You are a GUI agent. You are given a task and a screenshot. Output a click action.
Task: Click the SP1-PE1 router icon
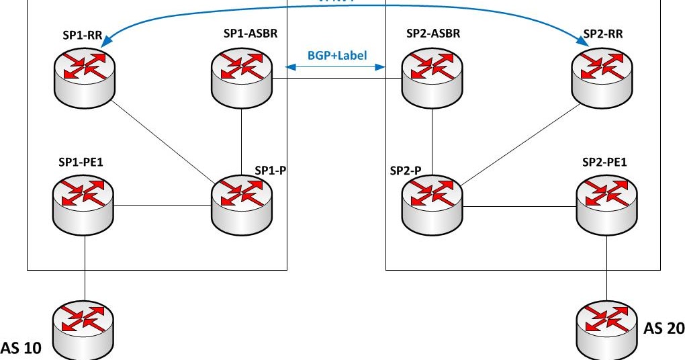pos(85,201)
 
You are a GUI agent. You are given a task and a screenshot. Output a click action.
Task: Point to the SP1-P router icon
pos(242,201)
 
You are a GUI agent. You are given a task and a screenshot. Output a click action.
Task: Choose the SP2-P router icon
pos(432,201)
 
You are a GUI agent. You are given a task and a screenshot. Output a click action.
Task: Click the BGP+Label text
pos(337,56)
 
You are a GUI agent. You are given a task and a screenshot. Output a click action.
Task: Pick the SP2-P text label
pos(406,171)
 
